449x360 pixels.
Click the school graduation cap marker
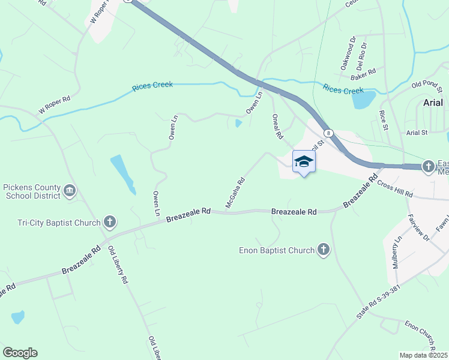pos(304,161)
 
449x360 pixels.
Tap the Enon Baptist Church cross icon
pos(324,250)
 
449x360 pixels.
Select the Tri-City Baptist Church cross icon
pos(109,223)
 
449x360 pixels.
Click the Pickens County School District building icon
pos(70,191)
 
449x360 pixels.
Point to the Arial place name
pos(433,102)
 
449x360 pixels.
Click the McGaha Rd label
pos(235,193)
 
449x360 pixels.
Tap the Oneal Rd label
pos(277,127)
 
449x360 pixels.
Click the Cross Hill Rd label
pos(395,190)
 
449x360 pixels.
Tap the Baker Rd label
pos(363,71)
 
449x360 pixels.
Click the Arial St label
pos(416,132)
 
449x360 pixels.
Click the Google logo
pos(20,353)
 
